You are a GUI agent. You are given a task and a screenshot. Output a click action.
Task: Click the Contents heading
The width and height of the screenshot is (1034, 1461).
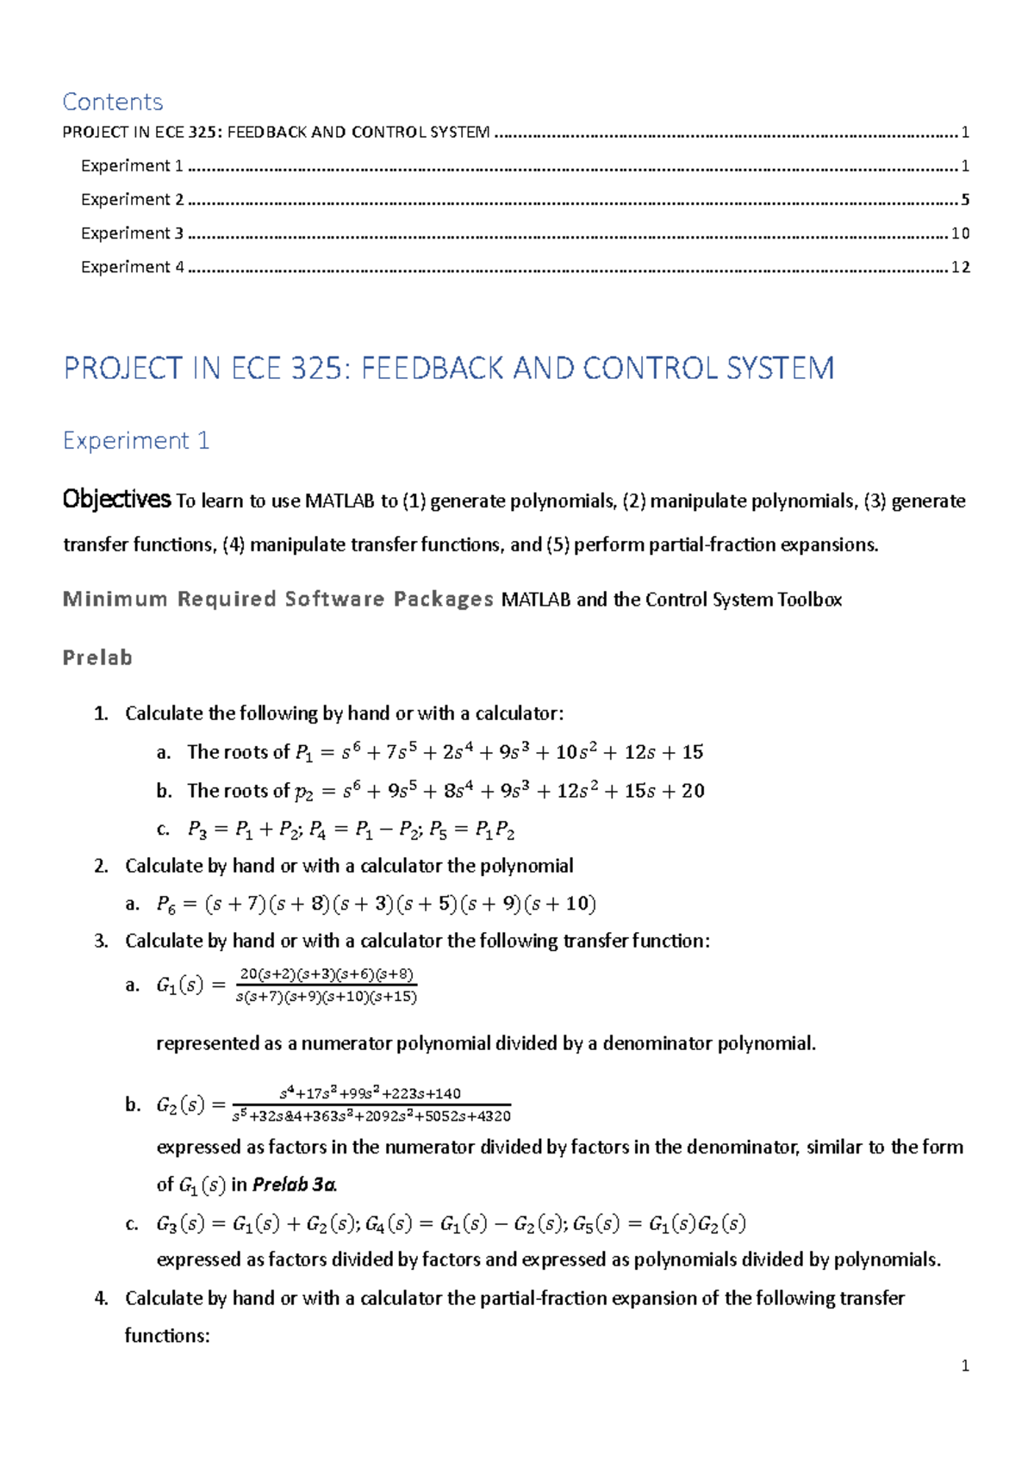pos(113,102)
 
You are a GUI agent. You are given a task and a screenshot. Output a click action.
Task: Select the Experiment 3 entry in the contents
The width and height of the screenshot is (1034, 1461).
pos(132,233)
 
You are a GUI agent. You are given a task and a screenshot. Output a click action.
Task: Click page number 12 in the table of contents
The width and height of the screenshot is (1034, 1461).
pos(960,267)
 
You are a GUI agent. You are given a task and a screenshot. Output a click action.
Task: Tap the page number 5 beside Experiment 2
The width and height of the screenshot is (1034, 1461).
pos(965,200)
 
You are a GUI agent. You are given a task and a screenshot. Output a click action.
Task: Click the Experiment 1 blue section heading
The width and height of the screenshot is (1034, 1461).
pos(136,441)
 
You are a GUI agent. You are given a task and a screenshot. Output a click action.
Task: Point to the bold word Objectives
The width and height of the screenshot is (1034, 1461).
pos(116,500)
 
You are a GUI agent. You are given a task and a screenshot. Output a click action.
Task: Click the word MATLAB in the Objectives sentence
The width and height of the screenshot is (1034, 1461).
pos(341,501)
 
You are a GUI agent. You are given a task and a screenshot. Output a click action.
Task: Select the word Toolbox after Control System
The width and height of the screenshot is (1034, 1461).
pos(809,600)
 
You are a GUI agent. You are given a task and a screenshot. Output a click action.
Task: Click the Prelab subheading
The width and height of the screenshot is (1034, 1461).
pos(97,658)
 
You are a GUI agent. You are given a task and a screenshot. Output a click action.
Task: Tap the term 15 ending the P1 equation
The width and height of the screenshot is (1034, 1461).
pos(693,752)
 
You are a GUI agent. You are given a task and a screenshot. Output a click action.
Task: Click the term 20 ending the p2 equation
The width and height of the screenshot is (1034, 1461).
pos(694,791)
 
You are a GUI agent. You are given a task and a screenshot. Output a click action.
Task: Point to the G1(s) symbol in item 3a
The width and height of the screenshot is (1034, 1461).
pos(179,985)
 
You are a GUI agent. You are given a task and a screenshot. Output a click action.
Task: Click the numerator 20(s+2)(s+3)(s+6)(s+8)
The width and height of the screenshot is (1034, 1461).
pos(327,974)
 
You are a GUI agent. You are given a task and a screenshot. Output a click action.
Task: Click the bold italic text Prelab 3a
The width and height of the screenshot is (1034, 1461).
pos(293,1185)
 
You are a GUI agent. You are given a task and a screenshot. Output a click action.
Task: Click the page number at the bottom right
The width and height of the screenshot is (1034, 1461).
pos(965,1365)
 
